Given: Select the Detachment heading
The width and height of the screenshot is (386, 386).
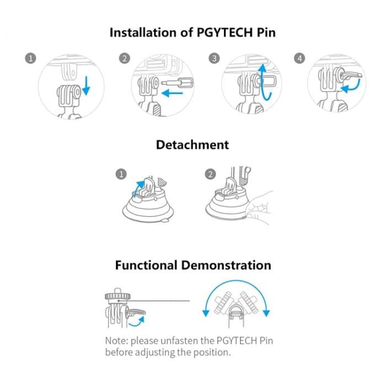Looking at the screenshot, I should coord(192,145).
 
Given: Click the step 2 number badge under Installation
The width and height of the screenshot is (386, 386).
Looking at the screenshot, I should coord(124,58).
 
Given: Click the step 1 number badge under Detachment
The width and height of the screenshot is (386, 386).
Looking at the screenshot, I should coord(121,174).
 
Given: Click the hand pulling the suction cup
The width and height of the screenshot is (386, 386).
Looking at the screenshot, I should coord(260,207).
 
